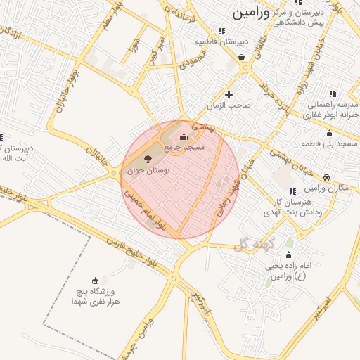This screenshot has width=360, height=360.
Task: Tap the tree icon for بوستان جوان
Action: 148,157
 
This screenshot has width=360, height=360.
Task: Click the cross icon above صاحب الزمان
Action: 228,94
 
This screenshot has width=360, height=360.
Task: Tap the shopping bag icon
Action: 242,58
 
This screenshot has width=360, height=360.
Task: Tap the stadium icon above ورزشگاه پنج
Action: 96,281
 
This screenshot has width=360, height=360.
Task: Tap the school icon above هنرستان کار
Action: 292,191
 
